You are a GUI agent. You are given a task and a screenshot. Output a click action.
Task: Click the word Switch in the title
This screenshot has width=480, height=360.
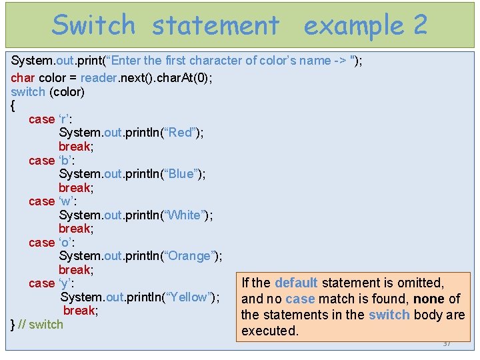(x=93, y=25)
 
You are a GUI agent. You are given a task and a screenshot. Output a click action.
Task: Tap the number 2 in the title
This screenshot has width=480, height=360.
(x=420, y=25)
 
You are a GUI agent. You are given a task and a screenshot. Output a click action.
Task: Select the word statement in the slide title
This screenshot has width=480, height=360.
(x=215, y=25)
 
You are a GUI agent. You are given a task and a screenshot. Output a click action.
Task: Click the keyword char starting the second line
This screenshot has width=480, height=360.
(x=21, y=77)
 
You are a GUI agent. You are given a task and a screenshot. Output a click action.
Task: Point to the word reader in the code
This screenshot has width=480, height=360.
(x=98, y=77)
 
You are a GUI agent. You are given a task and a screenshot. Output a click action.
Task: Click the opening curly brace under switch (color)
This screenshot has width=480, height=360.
(x=13, y=105)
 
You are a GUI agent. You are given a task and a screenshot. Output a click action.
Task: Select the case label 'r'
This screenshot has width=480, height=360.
(x=65, y=119)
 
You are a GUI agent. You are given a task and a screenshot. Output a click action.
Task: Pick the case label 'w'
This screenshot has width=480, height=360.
(x=66, y=201)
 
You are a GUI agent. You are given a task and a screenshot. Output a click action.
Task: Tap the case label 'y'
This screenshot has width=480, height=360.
(x=65, y=283)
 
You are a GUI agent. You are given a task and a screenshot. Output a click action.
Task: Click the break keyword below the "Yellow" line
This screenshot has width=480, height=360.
(x=81, y=311)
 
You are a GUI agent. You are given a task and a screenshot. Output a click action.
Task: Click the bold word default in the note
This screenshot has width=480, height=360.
(x=296, y=283)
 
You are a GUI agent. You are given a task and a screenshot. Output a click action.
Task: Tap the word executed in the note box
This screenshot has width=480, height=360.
(x=270, y=331)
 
